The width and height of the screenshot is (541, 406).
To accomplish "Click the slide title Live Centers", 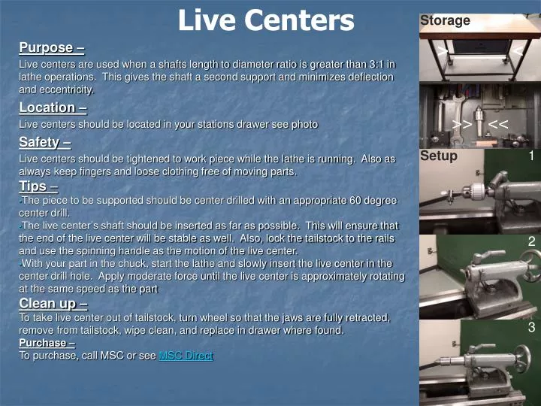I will point(265,20).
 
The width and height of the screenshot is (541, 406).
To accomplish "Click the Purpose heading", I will point(51,48).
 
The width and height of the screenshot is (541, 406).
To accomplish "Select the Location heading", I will point(52,108).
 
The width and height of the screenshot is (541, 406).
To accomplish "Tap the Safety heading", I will point(45,141).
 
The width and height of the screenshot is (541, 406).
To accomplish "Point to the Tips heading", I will point(38,186).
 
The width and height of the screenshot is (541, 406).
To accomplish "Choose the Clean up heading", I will point(53,304).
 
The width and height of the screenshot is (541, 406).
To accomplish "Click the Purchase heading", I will point(47,343).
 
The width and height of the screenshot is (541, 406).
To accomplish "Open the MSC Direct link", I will point(186,356).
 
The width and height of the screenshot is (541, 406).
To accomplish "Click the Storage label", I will point(445,20).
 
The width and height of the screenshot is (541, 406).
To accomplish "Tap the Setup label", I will point(439,156).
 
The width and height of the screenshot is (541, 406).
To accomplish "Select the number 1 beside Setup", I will point(530,156).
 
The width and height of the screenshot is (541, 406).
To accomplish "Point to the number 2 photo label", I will point(531,241).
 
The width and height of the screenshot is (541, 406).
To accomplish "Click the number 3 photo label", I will point(531,328).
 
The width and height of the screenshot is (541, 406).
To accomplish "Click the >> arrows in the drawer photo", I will point(462,124).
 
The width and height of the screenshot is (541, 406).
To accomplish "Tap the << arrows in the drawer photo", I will point(498,124).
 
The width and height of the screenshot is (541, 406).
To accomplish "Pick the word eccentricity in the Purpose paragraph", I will point(67,89).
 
